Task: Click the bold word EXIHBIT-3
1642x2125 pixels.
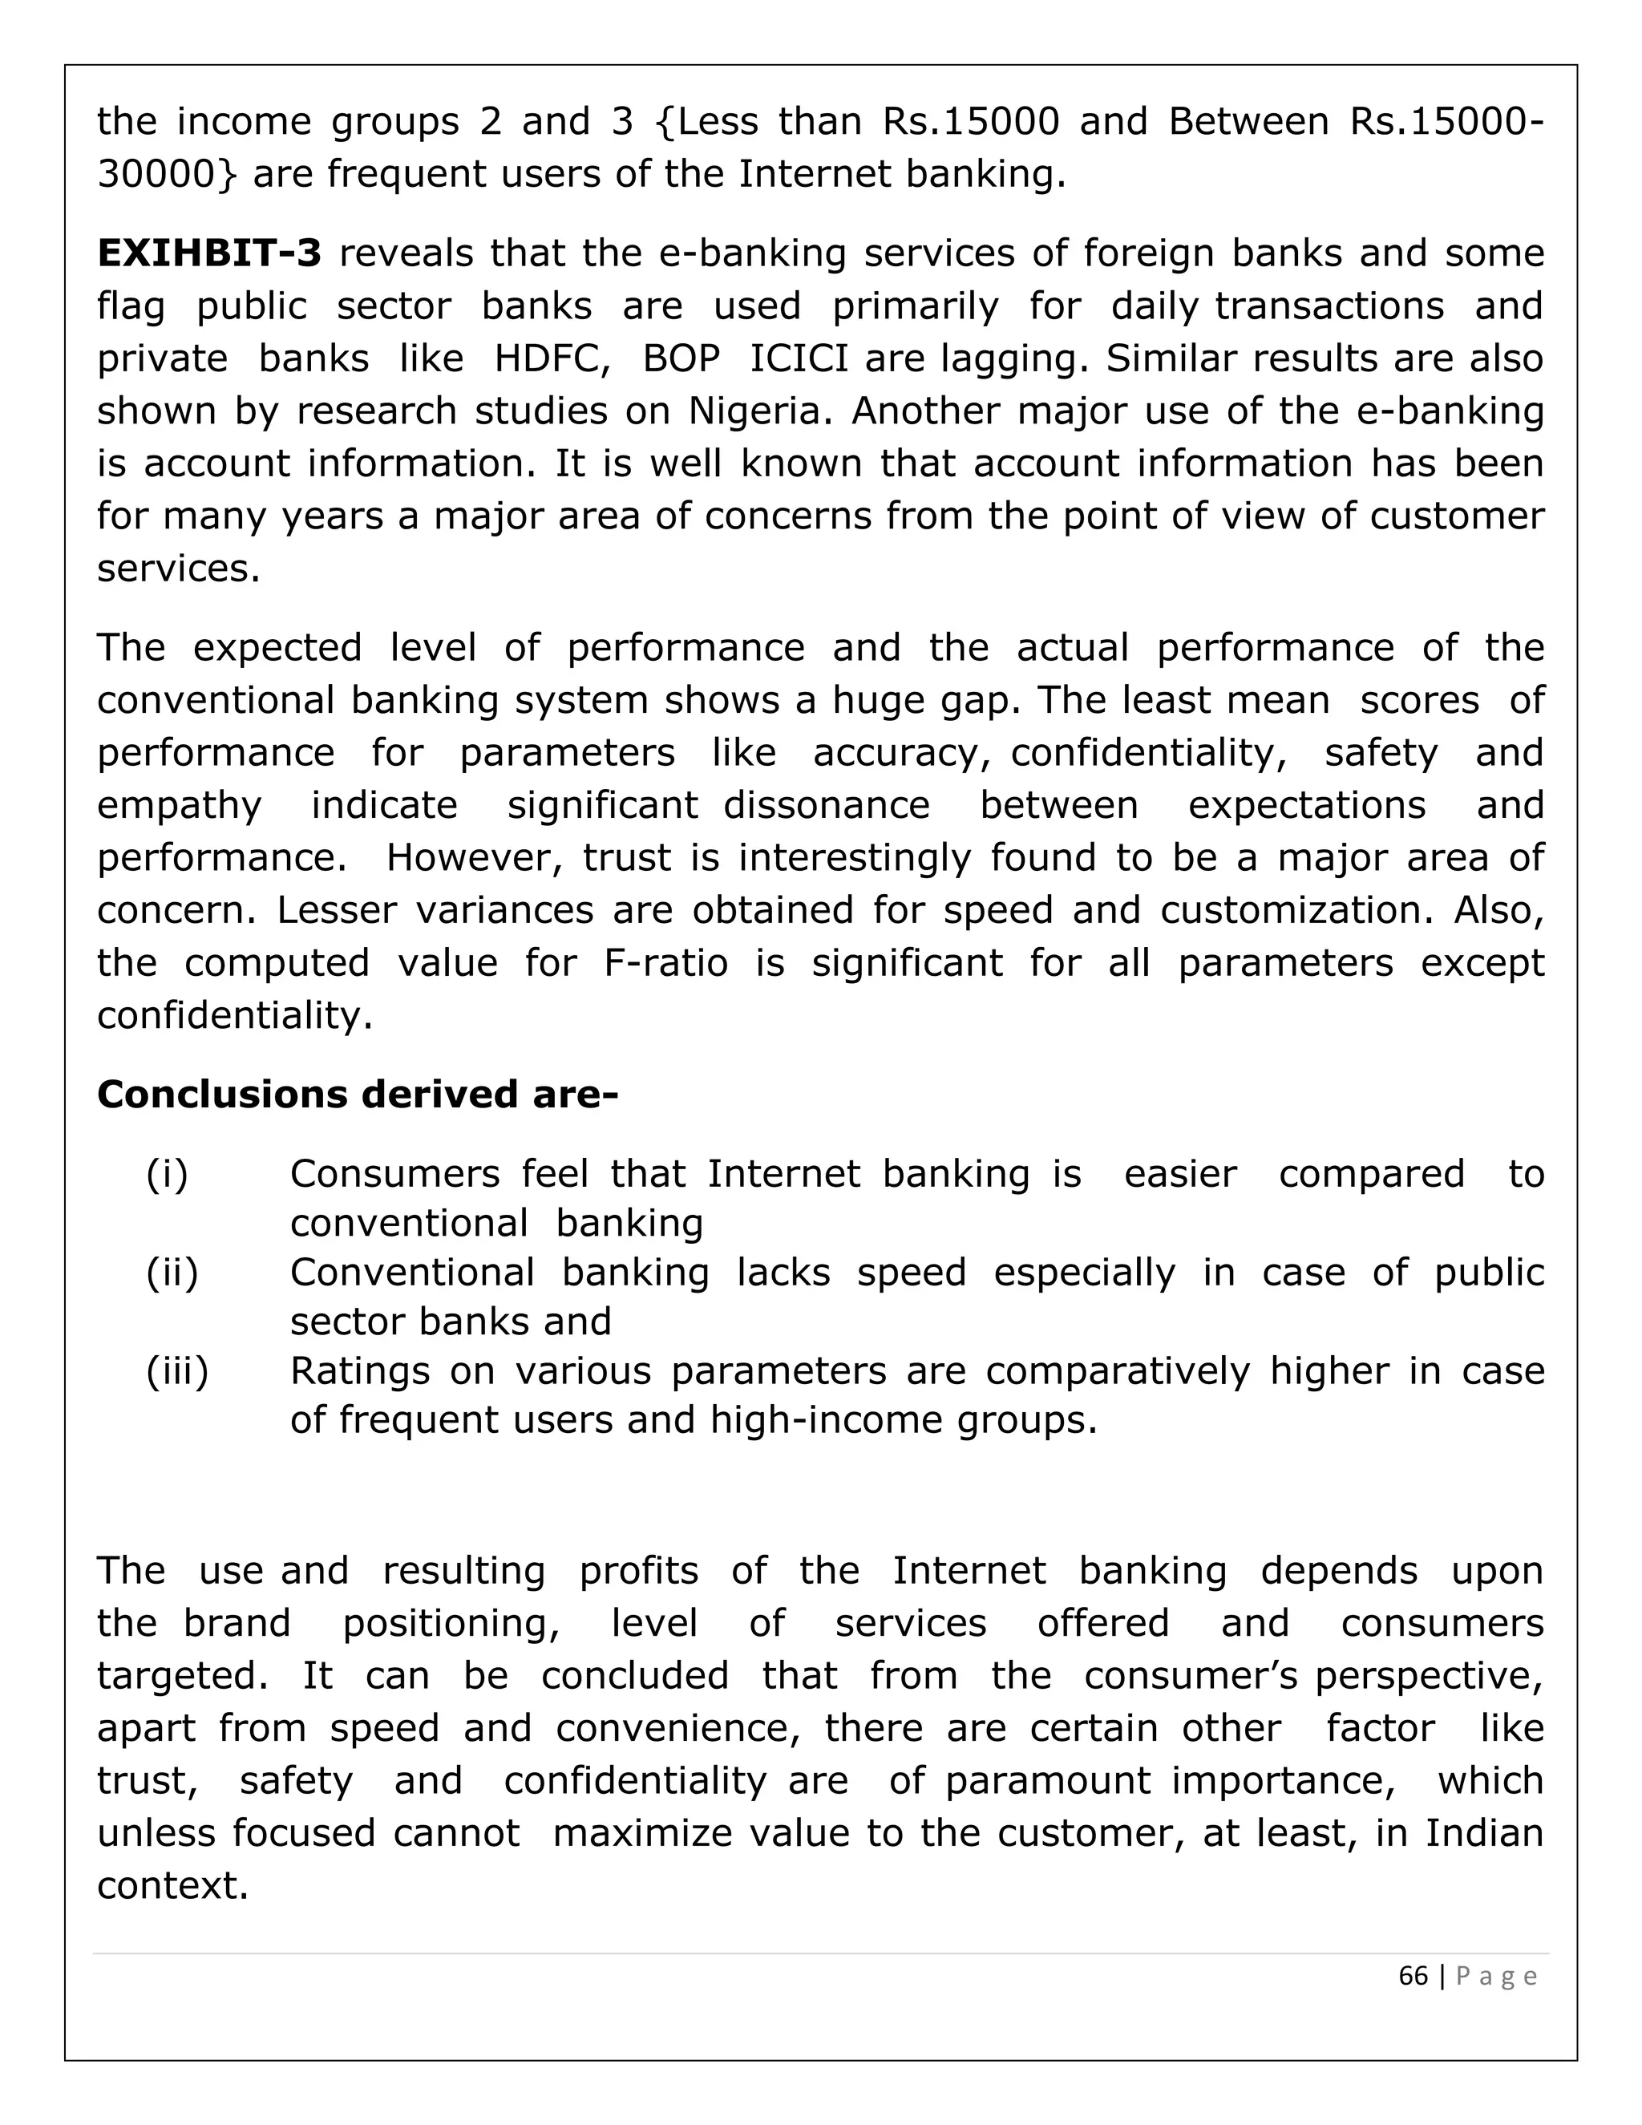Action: [x=208, y=253]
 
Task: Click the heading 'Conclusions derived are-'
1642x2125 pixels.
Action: [x=357, y=1095]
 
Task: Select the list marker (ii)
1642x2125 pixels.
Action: [x=172, y=1273]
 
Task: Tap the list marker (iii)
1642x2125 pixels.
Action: [x=177, y=1371]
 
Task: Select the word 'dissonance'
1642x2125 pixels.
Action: [x=826, y=806]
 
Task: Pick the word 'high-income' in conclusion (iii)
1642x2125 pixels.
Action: [x=826, y=1421]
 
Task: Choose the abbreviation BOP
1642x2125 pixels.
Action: [x=681, y=359]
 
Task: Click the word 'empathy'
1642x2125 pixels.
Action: [x=179, y=806]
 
